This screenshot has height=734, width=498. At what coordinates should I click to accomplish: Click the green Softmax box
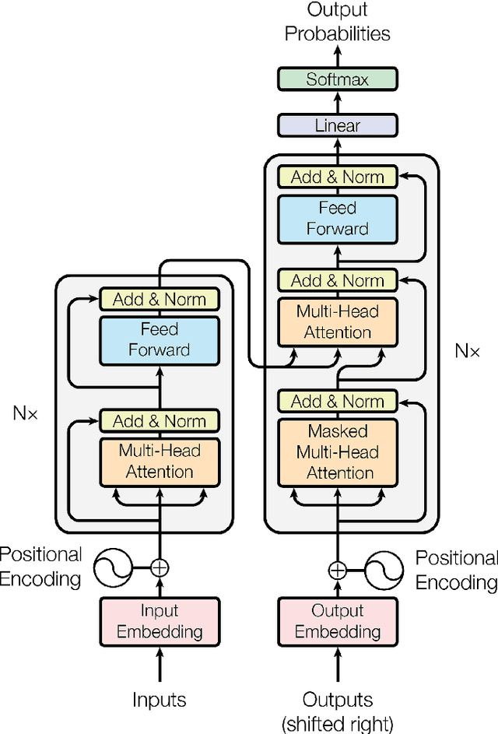[338, 79]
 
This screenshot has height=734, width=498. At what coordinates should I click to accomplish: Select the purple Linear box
[338, 125]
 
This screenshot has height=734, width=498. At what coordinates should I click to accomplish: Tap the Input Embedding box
[160, 621]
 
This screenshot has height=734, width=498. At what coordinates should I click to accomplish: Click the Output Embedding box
[338, 621]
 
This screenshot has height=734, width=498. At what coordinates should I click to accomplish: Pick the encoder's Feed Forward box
[160, 339]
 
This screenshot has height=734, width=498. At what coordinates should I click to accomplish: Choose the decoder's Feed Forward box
[338, 219]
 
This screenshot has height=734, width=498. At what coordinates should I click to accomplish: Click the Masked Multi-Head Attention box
[338, 452]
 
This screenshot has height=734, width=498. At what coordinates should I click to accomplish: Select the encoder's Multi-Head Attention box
[160, 461]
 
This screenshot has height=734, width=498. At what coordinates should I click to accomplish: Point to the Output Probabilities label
[338, 22]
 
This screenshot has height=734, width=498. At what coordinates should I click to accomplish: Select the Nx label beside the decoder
[467, 351]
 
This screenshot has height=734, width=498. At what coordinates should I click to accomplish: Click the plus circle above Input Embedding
[160, 567]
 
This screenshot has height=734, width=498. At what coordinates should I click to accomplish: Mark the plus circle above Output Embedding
[338, 570]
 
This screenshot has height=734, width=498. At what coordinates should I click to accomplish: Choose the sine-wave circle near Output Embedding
[385, 571]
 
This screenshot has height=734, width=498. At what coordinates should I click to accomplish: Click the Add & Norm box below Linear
[338, 177]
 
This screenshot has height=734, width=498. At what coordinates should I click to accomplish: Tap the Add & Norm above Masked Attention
[338, 402]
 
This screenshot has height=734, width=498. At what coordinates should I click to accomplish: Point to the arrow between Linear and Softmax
[338, 102]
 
